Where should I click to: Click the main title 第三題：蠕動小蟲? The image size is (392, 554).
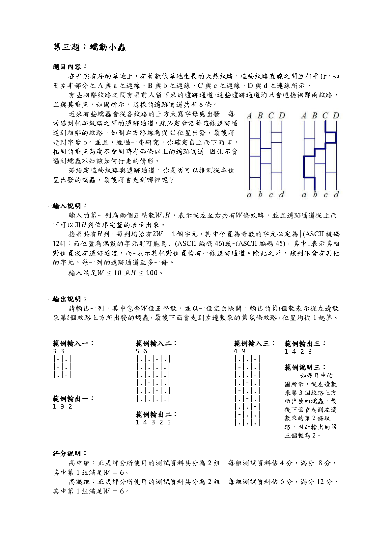pos(89,47)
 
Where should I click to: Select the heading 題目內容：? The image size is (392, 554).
pos(70,67)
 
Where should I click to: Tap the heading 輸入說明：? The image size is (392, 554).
pos(70,206)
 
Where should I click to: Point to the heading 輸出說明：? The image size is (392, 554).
pos(70,299)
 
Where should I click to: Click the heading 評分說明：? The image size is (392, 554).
pos(70,453)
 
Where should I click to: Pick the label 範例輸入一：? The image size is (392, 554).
pos(73,343)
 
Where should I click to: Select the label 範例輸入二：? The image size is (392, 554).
pos(156,343)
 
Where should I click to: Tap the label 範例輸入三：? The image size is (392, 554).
pos(254,343)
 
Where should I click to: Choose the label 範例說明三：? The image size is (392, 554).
pos(305,367)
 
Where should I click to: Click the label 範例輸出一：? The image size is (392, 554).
pos(73,399)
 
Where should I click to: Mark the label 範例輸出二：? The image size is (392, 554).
pos(156,415)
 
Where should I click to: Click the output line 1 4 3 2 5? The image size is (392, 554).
pos(153,422)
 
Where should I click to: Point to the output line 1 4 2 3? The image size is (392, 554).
pos(298,351)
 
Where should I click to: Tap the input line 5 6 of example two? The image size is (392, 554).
pos(141,351)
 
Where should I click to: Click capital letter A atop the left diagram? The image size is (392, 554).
pos(249,116)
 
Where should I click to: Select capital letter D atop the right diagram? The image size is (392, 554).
pos(336,116)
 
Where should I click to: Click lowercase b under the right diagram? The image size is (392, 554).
pos(315,194)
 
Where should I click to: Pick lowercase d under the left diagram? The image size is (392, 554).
pos(282,194)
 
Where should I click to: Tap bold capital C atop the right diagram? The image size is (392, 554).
pos(325,116)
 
